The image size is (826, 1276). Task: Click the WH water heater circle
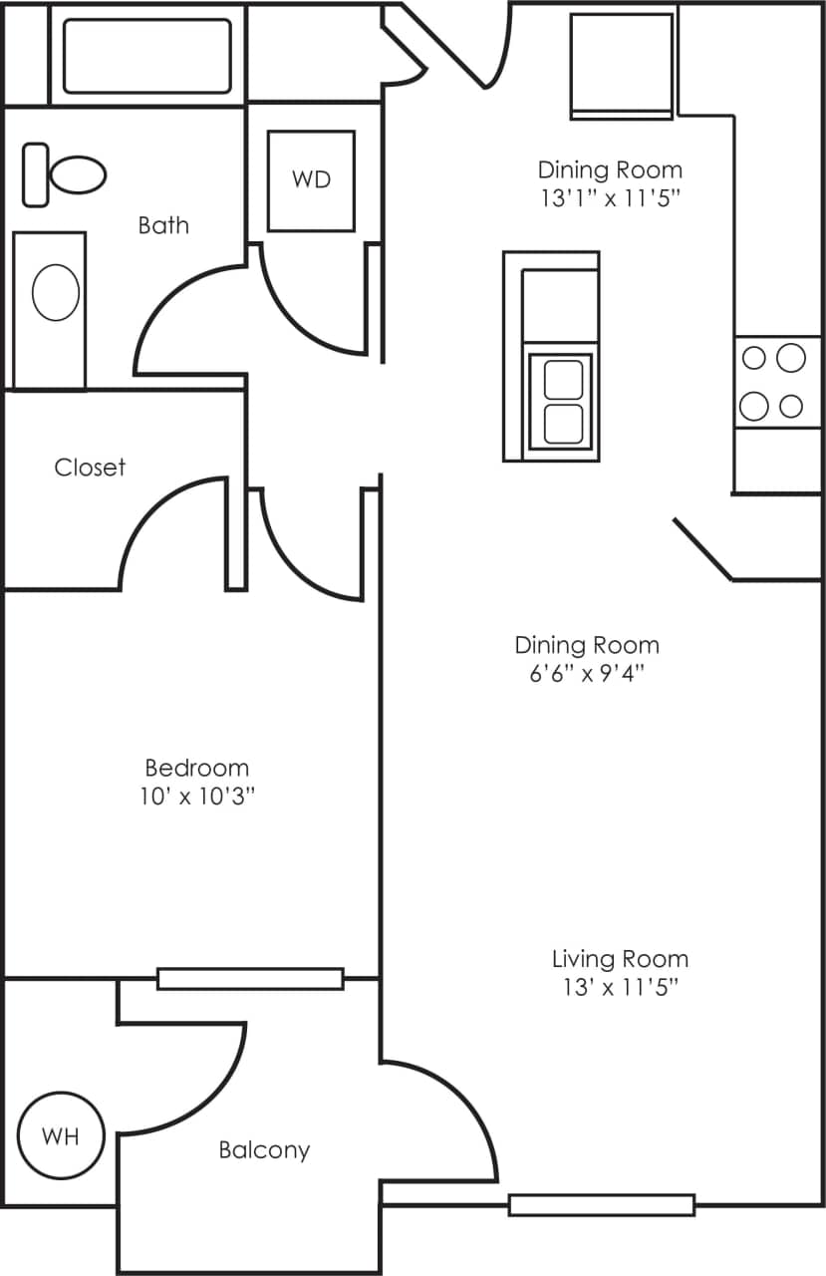coord(62,1134)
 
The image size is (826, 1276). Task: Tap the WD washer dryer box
coord(311,180)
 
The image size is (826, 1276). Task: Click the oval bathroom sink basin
coord(56,293)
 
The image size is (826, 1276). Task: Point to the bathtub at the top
coord(147,55)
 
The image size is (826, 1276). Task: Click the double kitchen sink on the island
coord(562,403)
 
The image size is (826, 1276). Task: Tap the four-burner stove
coord(776,382)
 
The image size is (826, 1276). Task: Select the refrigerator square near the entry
coord(621,66)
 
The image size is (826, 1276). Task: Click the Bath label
coord(163,225)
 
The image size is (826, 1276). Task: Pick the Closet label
coord(90,467)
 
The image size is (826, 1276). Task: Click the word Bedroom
coord(196,768)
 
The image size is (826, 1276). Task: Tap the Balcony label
coord(264,1149)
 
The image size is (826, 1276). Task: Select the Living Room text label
coord(620,959)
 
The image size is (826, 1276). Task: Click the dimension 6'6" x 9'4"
coord(587,673)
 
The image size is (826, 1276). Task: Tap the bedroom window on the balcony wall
coord(250,979)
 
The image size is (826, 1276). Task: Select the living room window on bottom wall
coord(602,1204)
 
